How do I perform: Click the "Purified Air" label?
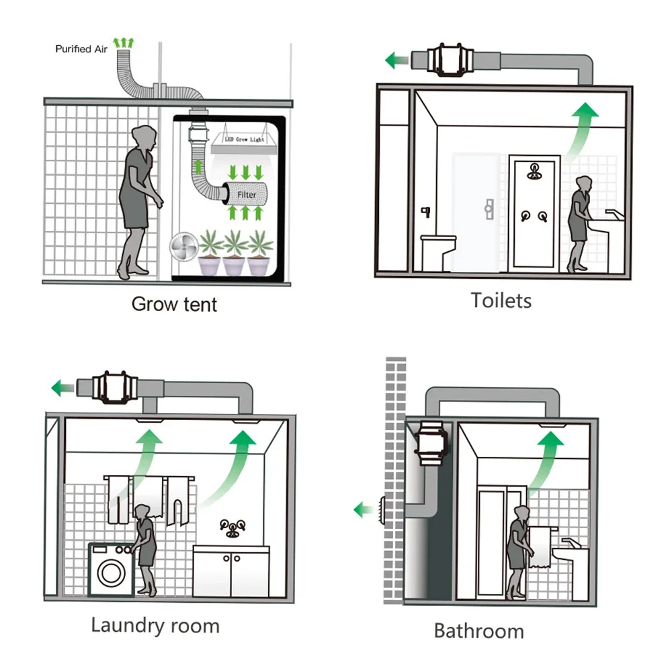82,49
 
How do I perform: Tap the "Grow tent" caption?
174,304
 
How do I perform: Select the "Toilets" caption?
501,300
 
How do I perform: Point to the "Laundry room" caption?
155,626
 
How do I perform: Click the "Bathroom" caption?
478,631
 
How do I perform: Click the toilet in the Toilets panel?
437,250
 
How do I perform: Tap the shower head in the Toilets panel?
534,169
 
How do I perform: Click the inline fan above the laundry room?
110,387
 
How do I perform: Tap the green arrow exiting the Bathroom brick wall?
364,510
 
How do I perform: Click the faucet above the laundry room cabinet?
233,528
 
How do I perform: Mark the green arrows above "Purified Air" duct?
123,42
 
